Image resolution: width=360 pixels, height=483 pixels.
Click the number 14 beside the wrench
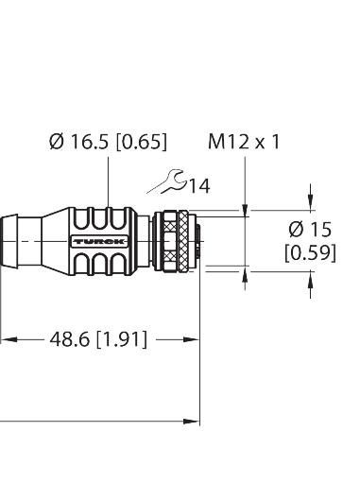[199, 186]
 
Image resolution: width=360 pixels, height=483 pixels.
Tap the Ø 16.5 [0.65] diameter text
[107, 144]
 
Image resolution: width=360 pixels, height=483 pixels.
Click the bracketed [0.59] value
[310, 252]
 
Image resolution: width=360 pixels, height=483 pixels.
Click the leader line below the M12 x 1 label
[246, 180]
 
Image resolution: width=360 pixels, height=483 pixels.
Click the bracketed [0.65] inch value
[143, 144]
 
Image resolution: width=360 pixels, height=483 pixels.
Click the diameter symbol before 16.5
[54, 144]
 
